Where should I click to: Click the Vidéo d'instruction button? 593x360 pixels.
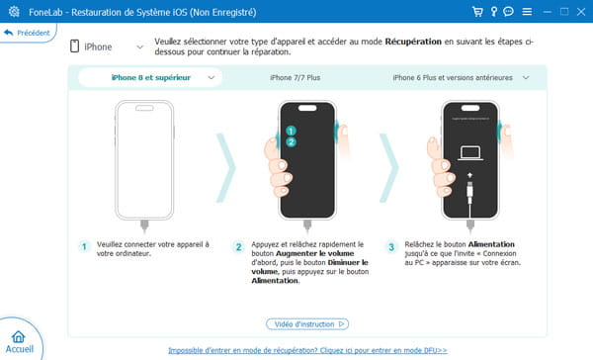click(306, 323)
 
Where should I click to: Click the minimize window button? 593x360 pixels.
click(543, 11)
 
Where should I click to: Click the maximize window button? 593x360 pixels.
click(561, 11)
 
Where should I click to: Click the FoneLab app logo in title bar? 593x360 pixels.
click(10, 11)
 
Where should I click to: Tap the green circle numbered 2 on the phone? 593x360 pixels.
click(291, 142)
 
